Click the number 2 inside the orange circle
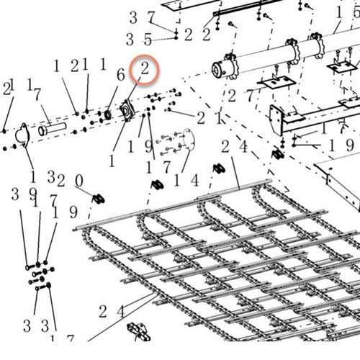(145, 69)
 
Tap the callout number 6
(121, 75)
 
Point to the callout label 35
(139, 40)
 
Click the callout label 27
(240, 96)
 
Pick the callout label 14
(186, 180)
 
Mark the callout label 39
(24, 194)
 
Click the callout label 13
(42, 177)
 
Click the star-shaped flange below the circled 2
(127, 111)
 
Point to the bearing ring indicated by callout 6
(108, 114)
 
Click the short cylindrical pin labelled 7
(52, 130)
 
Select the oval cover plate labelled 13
(22, 135)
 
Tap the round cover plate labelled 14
(189, 140)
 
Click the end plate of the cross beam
(276, 120)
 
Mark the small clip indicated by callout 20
(99, 199)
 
